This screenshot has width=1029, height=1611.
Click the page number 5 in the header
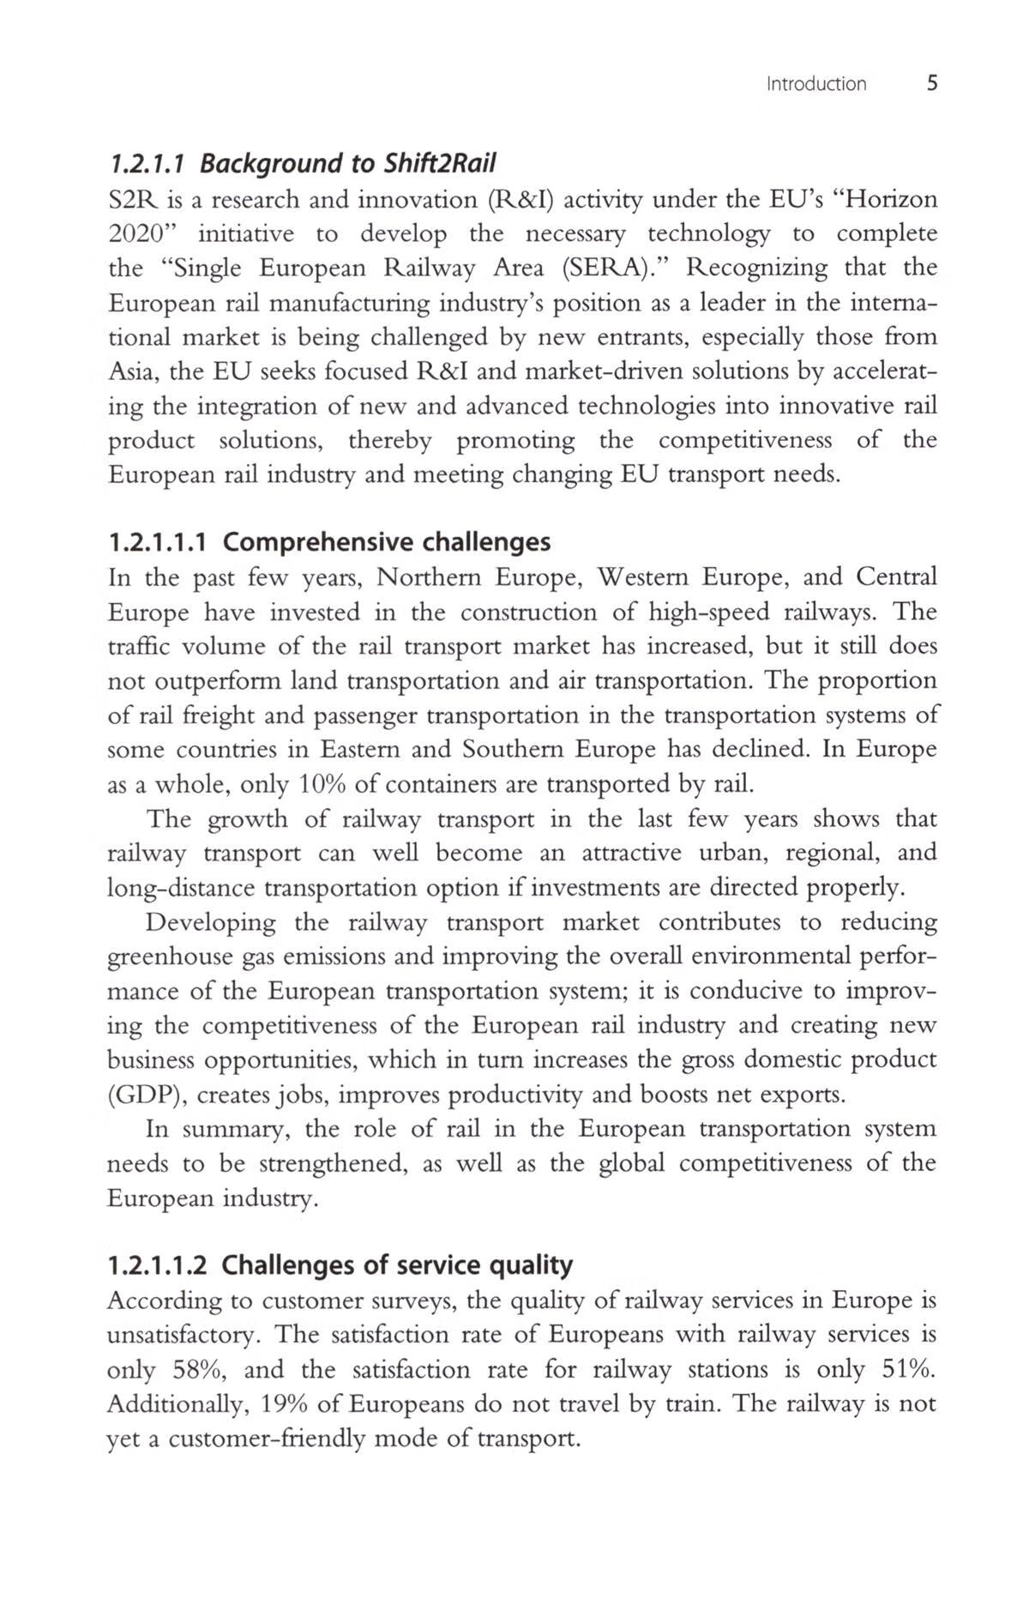pyautogui.click(x=932, y=83)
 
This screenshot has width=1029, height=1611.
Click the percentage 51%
pyautogui.click(x=908, y=1369)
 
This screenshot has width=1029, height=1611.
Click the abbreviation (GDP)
pyautogui.click(x=141, y=1095)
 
